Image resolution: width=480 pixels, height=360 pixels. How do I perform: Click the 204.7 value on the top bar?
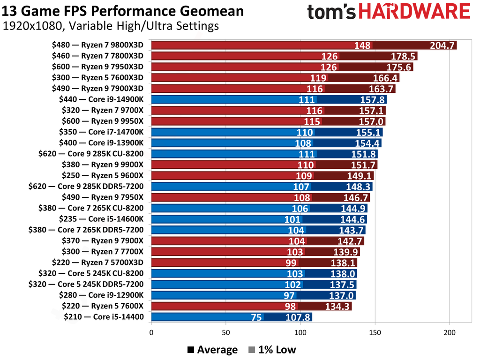[x=442, y=45]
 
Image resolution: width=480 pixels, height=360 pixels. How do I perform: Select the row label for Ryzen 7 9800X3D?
[x=97, y=45]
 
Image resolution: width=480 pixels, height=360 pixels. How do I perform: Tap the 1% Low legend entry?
[x=273, y=350]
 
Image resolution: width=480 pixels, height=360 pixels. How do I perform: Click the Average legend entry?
[x=212, y=350]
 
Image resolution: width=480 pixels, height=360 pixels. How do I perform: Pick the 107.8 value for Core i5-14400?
[x=298, y=317]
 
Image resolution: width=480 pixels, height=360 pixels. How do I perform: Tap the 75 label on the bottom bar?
[x=256, y=317]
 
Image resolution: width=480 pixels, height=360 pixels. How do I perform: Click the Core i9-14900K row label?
[x=101, y=99]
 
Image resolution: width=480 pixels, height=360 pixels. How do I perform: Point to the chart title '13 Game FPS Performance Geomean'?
[x=123, y=11]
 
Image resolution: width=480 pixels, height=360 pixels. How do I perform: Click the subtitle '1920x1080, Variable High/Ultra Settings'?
[x=111, y=26]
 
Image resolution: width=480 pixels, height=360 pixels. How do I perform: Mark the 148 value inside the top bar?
[x=362, y=45]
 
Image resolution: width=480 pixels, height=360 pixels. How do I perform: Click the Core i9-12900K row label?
[x=101, y=295]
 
